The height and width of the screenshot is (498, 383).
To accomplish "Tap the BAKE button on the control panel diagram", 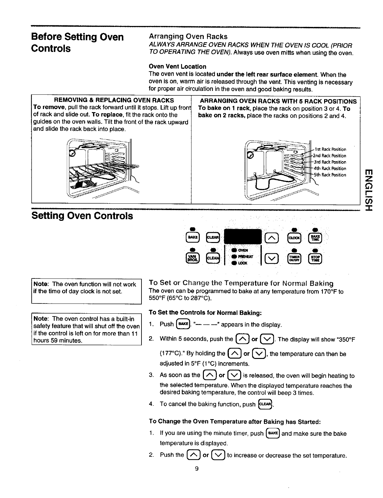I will coord(193,237).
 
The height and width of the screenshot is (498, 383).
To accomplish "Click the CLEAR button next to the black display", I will coord(211,237).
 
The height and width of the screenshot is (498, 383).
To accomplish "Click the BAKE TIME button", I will coord(315,238).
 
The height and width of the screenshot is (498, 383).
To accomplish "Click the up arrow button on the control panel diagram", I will coord(273,238).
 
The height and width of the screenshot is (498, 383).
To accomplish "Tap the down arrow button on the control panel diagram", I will coord(273,259).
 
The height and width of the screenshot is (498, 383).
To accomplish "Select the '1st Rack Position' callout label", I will coord(330,149).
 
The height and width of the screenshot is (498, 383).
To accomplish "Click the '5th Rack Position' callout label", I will coord(330,175).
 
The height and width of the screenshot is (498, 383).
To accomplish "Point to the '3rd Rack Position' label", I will coord(330,162).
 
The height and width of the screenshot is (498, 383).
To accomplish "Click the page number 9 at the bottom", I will coord(197,469).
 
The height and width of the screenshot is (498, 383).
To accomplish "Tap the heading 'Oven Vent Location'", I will coord(177,67).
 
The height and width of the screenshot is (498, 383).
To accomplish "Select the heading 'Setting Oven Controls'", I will coord(82,216).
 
